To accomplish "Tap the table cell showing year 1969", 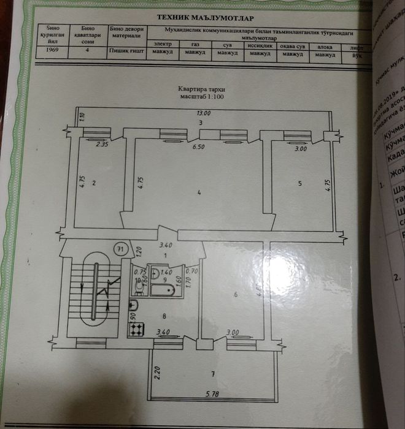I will pos(50,52).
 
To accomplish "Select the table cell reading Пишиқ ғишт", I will pos(126,52).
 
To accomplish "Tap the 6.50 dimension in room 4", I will pos(197,147).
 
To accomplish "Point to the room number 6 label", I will pos(235,295).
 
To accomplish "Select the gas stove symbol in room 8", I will pos(136,329).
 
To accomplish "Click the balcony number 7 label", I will pos(212,373).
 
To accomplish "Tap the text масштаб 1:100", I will pos(202,97).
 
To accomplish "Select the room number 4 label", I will pos(199,194).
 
